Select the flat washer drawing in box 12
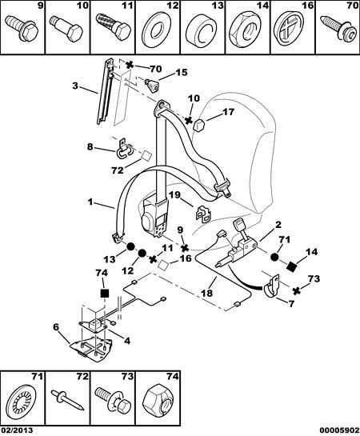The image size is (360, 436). pyautogui.click(x=157, y=31)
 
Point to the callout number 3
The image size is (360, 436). pyautogui.click(x=75, y=86)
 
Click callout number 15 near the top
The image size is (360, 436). pyautogui.click(x=181, y=72)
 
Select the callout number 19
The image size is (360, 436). pyautogui.click(x=174, y=195)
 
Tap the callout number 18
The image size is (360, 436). pyautogui.click(x=207, y=293)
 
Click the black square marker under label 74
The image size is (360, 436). pyautogui.click(x=105, y=293)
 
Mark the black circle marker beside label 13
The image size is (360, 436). pyautogui.click(x=130, y=246)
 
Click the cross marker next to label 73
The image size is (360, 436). pyautogui.click(x=297, y=290)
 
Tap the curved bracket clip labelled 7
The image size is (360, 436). pyautogui.click(x=271, y=287)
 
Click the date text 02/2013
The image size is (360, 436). pyautogui.click(x=17, y=430)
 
